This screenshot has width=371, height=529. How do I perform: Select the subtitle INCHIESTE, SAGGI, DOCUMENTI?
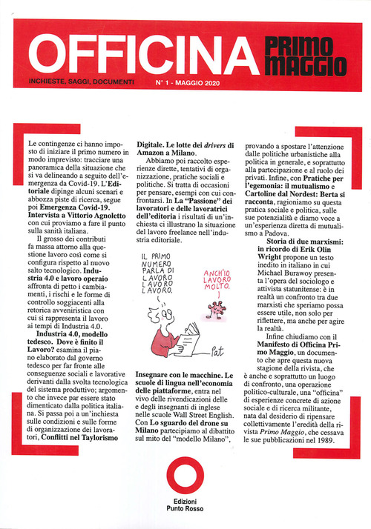pyautogui.click(x=81, y=81)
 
